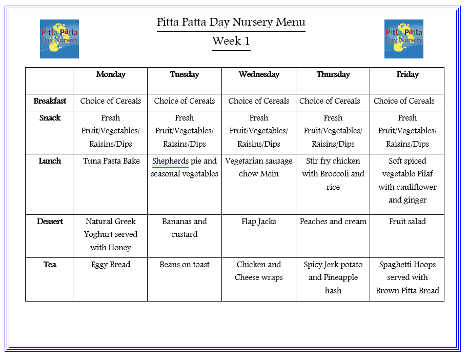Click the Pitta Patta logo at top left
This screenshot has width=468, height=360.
[59, 39]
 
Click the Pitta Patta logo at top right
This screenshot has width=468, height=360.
[404, 39]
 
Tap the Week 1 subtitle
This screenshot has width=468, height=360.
[231, 41]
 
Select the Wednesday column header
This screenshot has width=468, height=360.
[259, 74]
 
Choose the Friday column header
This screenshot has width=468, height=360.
[408, 74]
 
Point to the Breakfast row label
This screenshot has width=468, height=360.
[50, 101]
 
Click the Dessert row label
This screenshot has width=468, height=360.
[50, 222]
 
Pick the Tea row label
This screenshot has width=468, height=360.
[50, 265]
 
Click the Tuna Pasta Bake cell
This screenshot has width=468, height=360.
[111, 161]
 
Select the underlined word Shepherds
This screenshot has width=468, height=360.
[170, 161]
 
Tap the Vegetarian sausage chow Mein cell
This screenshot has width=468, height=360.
[259, 167]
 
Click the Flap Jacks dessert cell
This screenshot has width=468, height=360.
[259, 222]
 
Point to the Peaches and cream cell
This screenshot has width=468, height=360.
[333, 222]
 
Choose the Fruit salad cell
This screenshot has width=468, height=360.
[408, 222]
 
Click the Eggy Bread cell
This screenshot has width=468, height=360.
[111, 265]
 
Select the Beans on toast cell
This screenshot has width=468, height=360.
[185, 265]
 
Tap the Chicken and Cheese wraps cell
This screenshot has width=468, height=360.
[259, 271]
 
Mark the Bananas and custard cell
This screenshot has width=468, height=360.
[185, 228]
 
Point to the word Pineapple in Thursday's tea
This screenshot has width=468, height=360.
[341, 277]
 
